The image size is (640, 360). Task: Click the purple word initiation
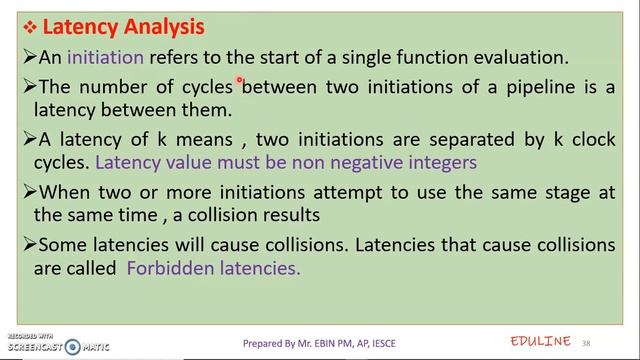point(106,57)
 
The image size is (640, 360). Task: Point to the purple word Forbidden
point(171,268)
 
